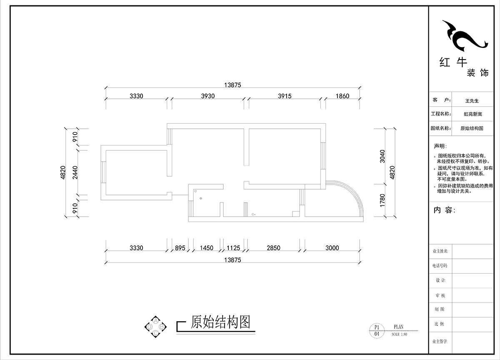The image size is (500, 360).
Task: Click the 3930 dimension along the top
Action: (207, 96)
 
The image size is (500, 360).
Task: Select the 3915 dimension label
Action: (285, 96)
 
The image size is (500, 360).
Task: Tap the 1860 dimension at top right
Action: (342, 96)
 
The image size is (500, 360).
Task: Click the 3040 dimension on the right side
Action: (383, 156)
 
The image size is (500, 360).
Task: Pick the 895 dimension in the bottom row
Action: (180, 248)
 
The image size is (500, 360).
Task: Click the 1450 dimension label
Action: (206, 248)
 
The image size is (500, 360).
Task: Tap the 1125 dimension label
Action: (233, 248)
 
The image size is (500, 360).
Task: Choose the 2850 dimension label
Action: (273, 248)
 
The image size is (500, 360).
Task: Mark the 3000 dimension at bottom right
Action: (332, 248)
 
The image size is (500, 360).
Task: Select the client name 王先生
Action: (472, 101)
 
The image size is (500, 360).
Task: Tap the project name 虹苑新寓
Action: (472, 114)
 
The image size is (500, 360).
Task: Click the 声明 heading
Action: (440, 146)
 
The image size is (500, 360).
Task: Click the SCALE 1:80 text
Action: (399, 334)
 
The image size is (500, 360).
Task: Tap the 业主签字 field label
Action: (440, 341)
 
